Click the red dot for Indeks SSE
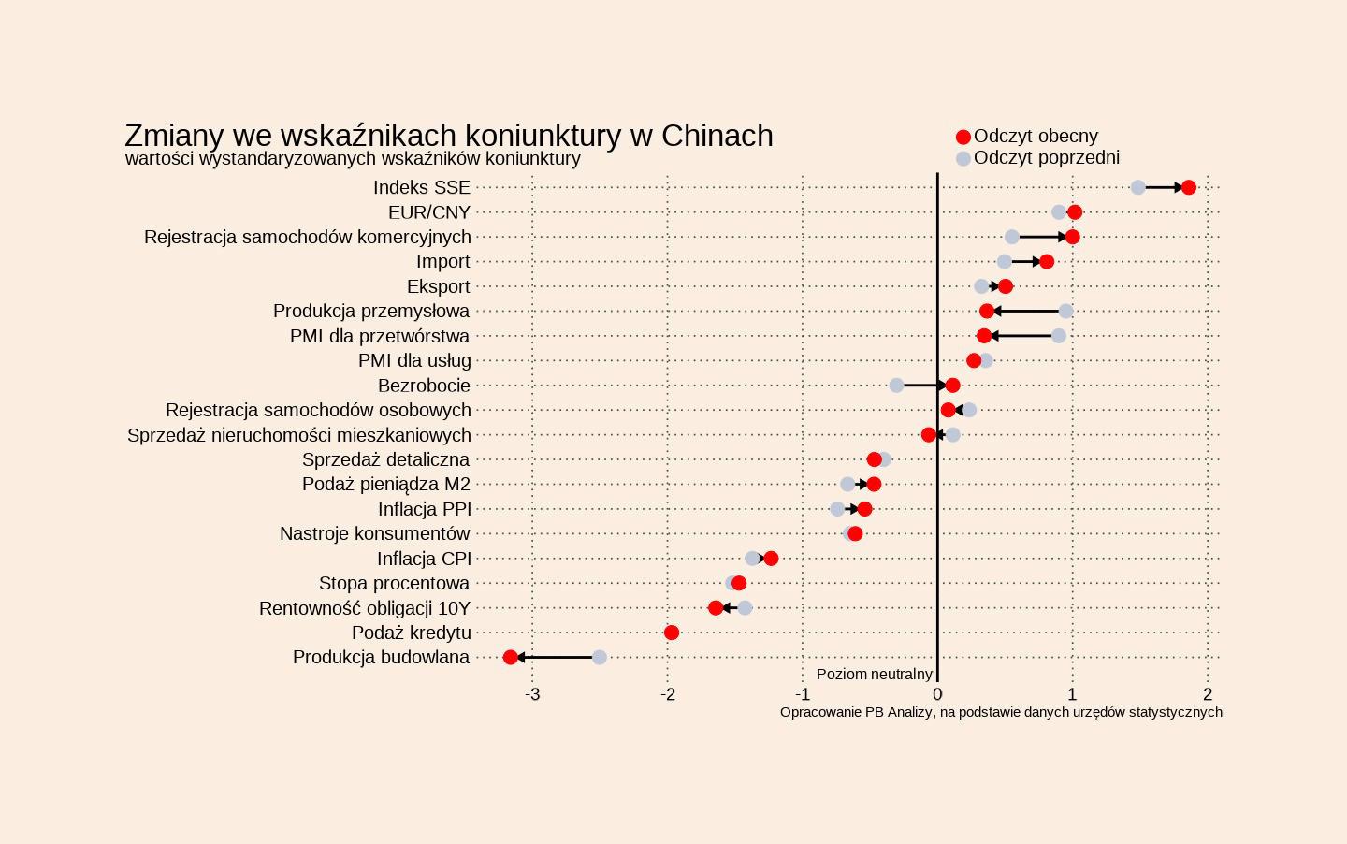(x=1188, y=187)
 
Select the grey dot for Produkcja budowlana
(x=600, y=657)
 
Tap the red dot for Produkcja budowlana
(x=510, y=657)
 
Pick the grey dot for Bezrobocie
(x=896, y=385)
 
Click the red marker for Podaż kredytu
(x=671, y=633)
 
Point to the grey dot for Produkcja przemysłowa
(x=1065, y=311)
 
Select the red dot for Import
(x=1046, y=261)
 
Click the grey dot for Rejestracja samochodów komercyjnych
(x=1011, y=237)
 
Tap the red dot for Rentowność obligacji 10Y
(x=716, y=607)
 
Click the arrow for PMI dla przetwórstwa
(x=1021, y=335)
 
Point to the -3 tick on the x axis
(x=532, y=694)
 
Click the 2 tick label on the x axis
(x=1208, y=694)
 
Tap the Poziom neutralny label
(x=874, y=674)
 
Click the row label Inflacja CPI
(x=424, y=559)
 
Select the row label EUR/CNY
(x=429, y=212)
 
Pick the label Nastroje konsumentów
(x=374, y=533)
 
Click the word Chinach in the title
(x=717, y=136)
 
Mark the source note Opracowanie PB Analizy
(x=1001, y=712)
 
